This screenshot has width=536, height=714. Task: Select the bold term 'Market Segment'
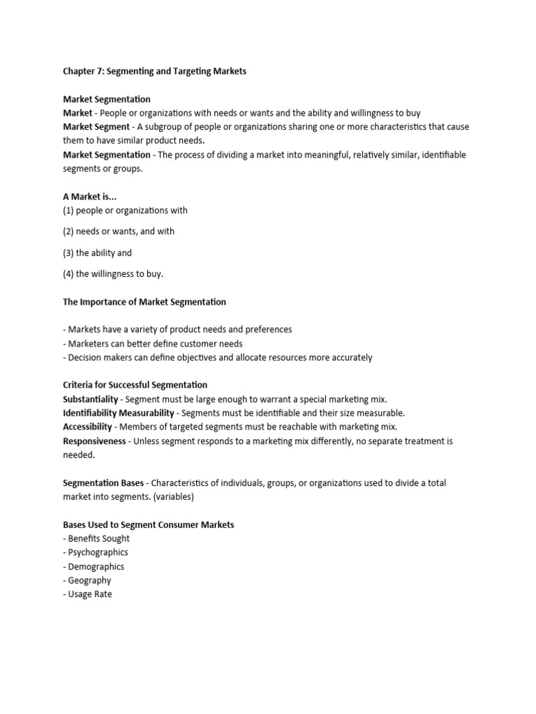[96, 127]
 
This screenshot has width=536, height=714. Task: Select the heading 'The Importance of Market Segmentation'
[144, 302]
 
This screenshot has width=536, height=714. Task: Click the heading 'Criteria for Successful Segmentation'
[135, 385]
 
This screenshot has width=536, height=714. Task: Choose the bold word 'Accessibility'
[87, 427]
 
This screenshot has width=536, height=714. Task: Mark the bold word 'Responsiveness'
[95, 441]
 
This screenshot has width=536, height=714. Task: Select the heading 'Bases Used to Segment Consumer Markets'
[149, 524]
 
